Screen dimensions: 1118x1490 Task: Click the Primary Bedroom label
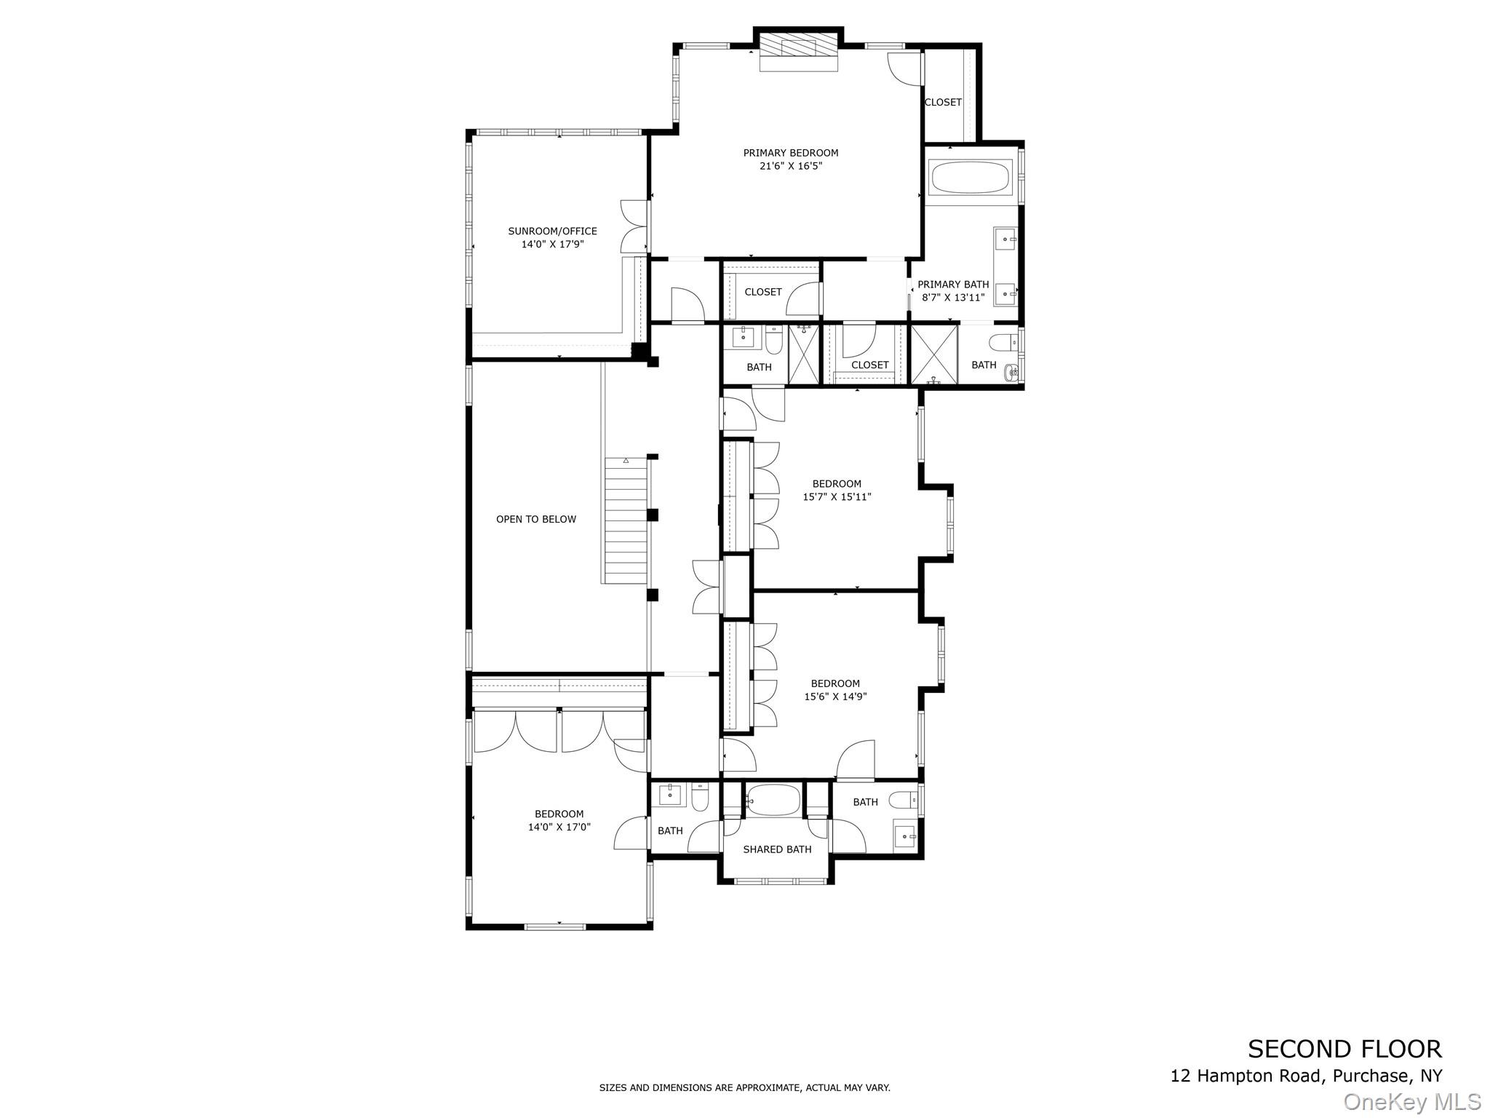(x=790, y=153)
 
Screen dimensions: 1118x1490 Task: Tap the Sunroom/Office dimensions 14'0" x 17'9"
(x=552, y=245)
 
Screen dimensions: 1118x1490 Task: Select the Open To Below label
(x=535, y=519)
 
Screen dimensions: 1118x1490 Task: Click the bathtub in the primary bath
(x=971, y=178)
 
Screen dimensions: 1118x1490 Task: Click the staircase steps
(x=626, y=521)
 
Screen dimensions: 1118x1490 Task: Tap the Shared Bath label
(x=776, y=849)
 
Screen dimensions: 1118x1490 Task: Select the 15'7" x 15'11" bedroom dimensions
(x=837, y=497)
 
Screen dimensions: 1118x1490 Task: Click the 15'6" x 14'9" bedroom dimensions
(x=835, y=697)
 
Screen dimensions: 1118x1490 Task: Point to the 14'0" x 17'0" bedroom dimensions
(x=559, y=827)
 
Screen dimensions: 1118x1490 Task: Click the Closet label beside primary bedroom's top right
(x=943, y=103)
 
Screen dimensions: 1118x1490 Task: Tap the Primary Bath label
(x=953, y=285)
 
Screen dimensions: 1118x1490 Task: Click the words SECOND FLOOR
(x=1344, y=1049)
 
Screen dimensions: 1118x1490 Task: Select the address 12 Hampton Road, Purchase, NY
(x=1305, y=1076)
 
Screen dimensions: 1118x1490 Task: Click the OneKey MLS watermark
(x=1411, y=1102)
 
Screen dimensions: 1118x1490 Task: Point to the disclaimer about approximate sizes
(x=744, y=1087)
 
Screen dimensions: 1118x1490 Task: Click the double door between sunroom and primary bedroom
(x=634, y=225)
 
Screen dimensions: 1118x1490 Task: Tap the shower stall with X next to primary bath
(x=934, y=354)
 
